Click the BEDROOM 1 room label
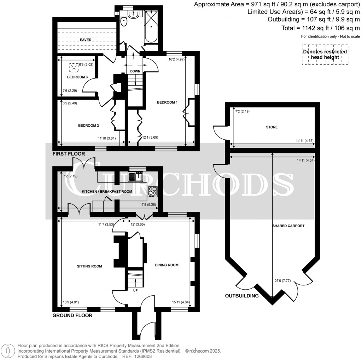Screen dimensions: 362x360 click(167, 102)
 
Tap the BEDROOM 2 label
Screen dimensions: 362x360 click(88, 126)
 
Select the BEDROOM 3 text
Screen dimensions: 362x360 click(77, 77)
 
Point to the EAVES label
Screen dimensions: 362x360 click(86, 40)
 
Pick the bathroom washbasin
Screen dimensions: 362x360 click(133, 14)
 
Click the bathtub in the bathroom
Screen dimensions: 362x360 click(151, 26)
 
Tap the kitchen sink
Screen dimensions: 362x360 click(135, 176)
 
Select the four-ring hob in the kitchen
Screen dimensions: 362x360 click(153, 191)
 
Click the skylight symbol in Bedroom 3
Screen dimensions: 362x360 click(74, 68)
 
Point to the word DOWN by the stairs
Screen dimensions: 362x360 click(135, 71)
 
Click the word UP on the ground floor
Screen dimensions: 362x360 click(135, 290)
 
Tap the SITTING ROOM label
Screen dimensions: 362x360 click(89, 266)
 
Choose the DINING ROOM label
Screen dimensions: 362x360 click(167, 265)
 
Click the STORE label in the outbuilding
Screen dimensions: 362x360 click(272, 127)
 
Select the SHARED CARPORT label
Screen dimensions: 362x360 click(288, 226)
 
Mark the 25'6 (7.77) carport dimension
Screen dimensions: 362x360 click(282, 281)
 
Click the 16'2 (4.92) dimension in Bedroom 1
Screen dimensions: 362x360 click(177, 59)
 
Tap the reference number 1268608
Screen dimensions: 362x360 click(144, 356)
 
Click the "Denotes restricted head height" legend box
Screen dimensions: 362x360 click(325, 54)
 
